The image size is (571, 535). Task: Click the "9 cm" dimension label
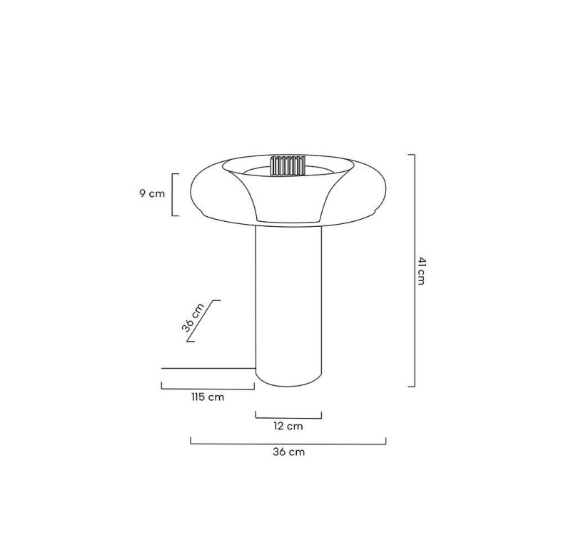pos(152,193)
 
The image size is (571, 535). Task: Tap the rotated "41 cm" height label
pos(421,271)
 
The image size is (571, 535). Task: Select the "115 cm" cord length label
pos(208,397)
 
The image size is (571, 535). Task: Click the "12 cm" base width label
pos(288,426)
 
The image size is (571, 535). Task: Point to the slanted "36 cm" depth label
pos(193,317)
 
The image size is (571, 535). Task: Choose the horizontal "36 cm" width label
pos(288,452)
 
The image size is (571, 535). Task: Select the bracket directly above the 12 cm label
pos(288,418)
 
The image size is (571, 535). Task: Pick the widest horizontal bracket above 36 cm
pos(288,444)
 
